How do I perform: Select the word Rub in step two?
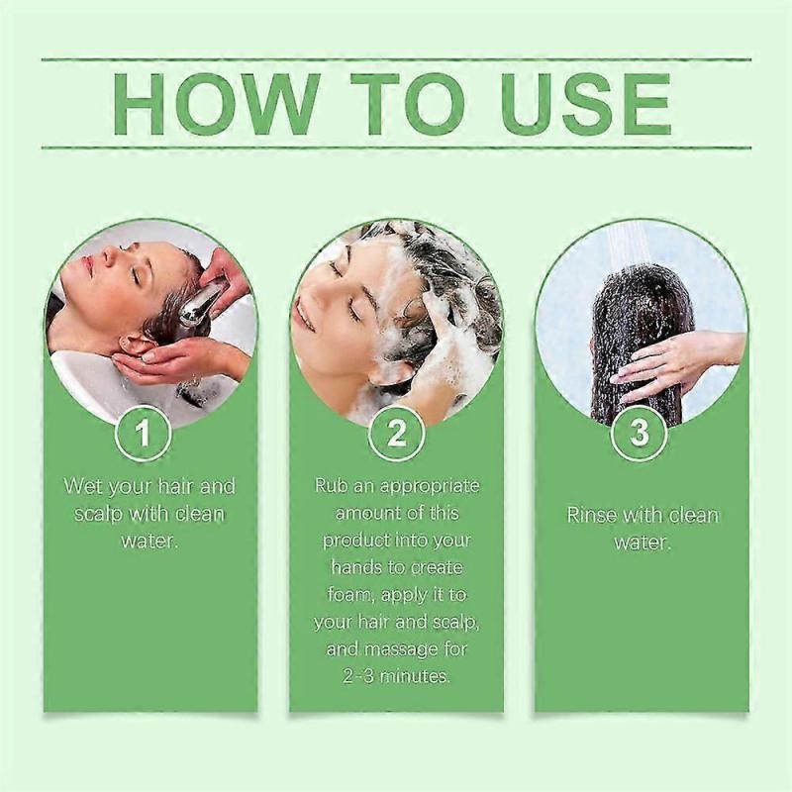pyautogui.click(x=332, y=486)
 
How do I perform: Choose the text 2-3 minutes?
pyautogui.click(x=396, y=677)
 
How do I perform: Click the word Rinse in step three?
pyautogui.click(x=592, y=515)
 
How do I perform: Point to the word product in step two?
pyautogui.click(x=354, y=541)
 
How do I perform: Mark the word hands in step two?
pyautogui.click(x=341, y=568)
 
